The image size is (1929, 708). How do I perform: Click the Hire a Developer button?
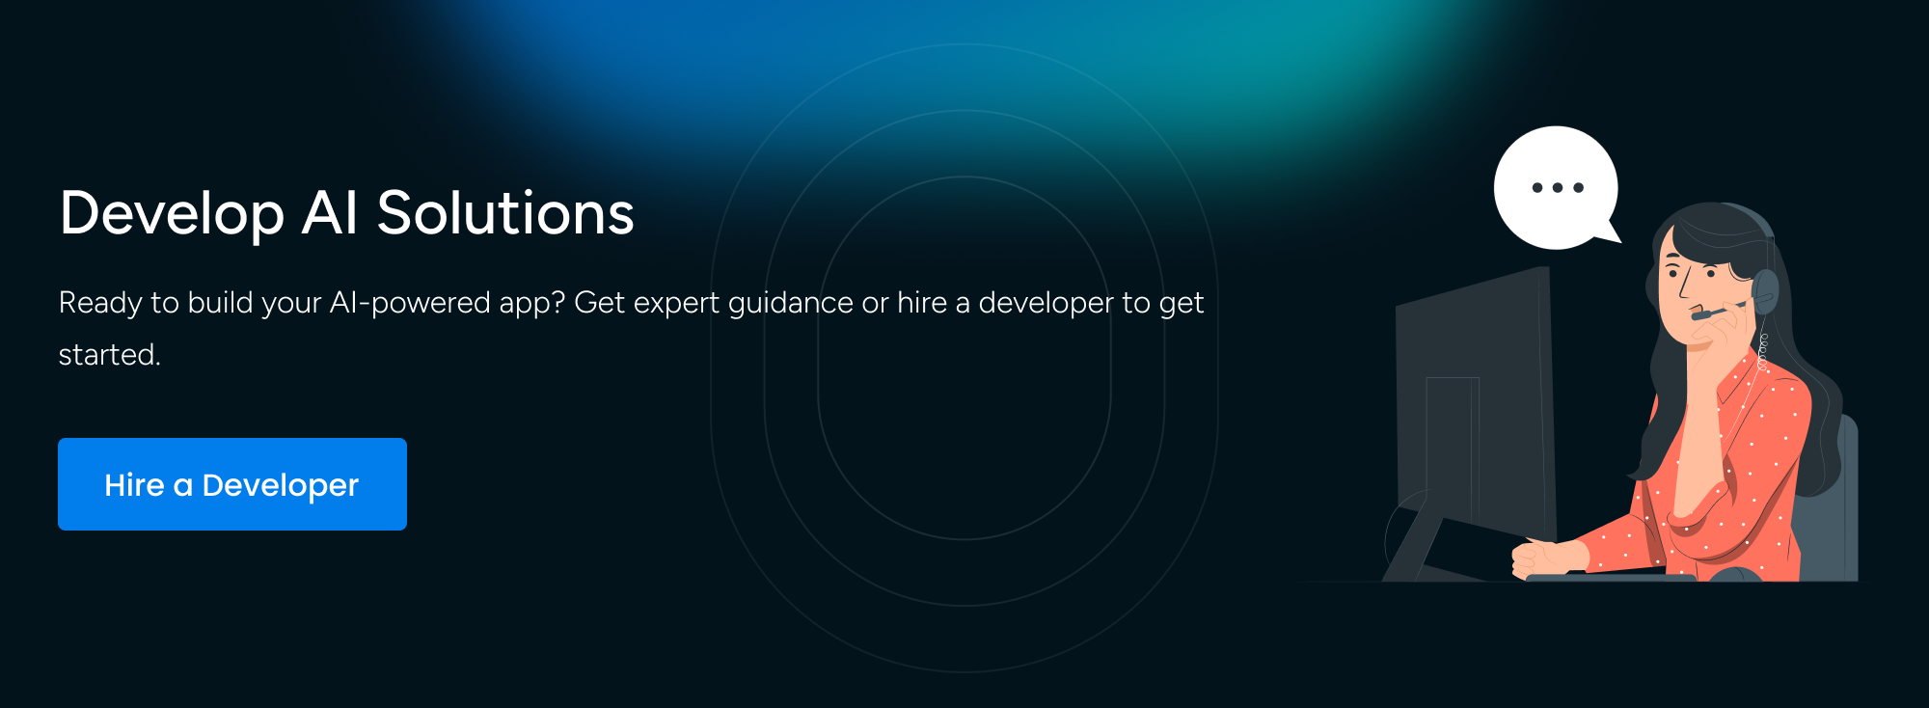click(231, 484)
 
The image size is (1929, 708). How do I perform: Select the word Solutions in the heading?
click(505, 213)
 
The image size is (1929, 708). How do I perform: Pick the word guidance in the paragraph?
click(790, 304)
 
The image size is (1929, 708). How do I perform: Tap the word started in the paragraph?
click(106, 355)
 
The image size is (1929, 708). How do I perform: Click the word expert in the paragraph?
click(676, 304)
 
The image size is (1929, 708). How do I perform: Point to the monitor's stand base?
click(1418, 550)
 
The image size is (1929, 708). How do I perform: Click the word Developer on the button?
click(280, 485)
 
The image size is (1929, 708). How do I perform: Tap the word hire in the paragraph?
click(921, 304)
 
